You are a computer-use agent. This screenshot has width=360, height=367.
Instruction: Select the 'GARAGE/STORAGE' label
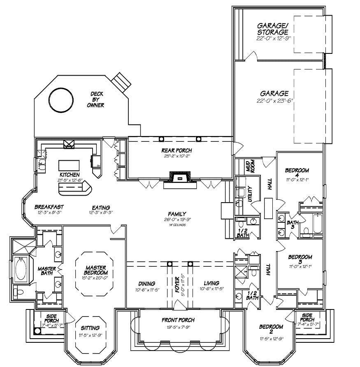click(x=273, y=28)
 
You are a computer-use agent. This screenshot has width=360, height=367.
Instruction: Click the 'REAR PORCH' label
click(x=177, y=150)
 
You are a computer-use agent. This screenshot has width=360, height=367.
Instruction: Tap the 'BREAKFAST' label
click(x=49, y=207)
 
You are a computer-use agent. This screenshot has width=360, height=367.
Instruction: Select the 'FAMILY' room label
click(x=177, y=213)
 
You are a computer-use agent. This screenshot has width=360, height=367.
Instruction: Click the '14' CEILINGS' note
click(x=177, y=225)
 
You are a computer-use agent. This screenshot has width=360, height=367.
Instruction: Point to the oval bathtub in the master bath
click(x=20, y=269)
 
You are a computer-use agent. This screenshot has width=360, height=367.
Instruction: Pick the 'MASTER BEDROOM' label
click(x=96, y=270)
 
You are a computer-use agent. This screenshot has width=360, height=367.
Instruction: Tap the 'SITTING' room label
click(x=90, y=328)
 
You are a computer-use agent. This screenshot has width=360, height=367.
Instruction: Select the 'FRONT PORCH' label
click(x=178, y=320)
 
